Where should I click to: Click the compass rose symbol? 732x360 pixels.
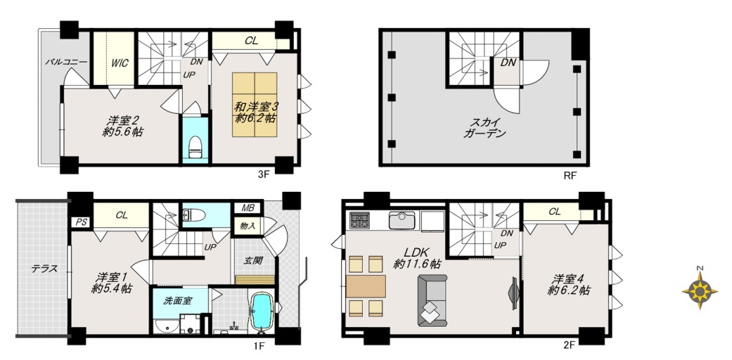click(700, 290)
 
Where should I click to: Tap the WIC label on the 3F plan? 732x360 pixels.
click(120, 62)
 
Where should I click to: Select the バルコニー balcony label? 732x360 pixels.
click(66, 61)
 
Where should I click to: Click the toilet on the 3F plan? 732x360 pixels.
click(195, 146)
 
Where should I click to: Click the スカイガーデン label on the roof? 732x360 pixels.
click(484, 129)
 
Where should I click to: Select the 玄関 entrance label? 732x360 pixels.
click(252, 260)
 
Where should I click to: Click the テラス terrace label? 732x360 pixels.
click(44, 269)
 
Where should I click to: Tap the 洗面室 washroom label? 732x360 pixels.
click(177, 301)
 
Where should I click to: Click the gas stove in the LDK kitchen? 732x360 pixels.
click(359, 220)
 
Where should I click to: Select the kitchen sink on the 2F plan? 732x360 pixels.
click(402, 220)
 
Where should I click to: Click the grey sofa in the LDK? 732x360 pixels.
click(432, 300)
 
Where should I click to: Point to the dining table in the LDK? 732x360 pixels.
click(366, 285)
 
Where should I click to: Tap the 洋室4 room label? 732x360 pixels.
click(569, 285)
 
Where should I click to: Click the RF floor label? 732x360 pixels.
click(570, 176)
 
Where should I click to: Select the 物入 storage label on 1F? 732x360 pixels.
click(248, 226)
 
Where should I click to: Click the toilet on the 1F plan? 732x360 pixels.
click(194, 214)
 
